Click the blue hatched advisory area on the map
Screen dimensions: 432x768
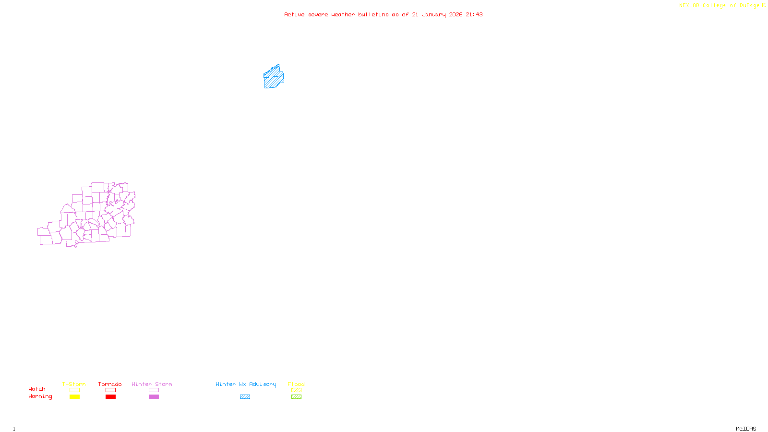click(274, 78)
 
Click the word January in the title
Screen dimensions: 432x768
click(433, 14)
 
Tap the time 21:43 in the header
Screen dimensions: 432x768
click(474, 14)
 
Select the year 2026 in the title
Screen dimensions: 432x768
click(456, 14)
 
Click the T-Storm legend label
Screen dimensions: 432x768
click(74, 384)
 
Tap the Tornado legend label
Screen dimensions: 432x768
click(110, 384)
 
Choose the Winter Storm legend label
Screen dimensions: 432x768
click(152, 384)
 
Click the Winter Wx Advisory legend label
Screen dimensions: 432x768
click(246, 384)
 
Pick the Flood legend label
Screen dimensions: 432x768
click(296, 384)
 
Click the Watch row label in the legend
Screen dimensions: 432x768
click(37, 389)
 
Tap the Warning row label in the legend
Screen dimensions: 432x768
click(40, 396)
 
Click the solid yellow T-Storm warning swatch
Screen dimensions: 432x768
click(74, 397)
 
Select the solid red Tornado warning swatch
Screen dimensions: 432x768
click(110, 397)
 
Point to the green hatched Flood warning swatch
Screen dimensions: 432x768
click(296, 397)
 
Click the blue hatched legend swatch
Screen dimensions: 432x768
click(245, 397)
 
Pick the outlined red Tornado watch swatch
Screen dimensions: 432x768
click(110, 390)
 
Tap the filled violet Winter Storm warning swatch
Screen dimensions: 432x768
click(154, 397)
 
